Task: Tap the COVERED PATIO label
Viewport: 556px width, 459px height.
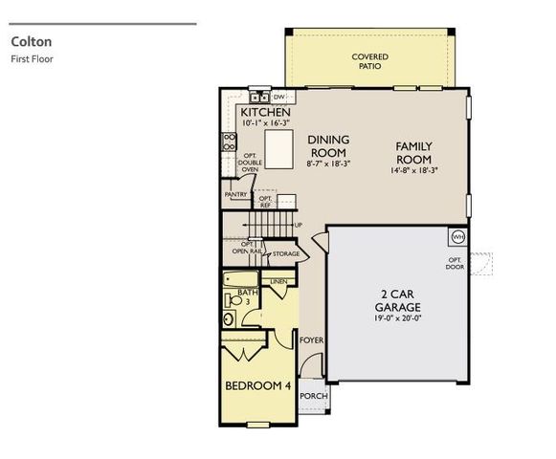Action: tap(369, 63)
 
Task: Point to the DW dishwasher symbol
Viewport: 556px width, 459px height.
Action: tap(279, 98)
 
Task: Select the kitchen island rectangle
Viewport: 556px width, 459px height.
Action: tap(278, 150)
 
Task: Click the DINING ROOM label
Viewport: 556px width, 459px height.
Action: tap(328, 146)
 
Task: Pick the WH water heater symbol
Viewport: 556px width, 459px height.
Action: tap(457, 236)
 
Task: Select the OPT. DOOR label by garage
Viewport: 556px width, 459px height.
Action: tap(455, 263)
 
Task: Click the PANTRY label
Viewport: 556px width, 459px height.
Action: tap(235, 195)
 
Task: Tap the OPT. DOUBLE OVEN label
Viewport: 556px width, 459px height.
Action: tap(251, 163)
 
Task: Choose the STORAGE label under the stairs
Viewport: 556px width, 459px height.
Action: tap(285, 254)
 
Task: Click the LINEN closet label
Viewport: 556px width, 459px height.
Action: tap(278, 282)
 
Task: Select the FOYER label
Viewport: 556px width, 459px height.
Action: tap(311, 340)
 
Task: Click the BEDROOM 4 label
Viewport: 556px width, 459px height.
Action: tap(257, 386)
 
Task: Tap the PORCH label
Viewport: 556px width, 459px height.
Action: tap(312, 396)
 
